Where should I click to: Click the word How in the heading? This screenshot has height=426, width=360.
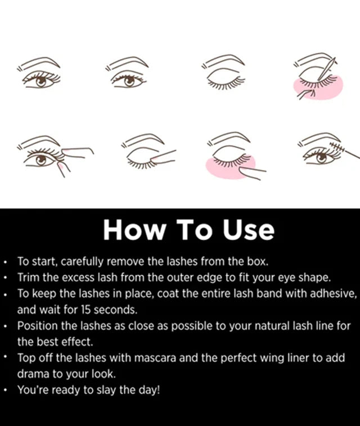131,230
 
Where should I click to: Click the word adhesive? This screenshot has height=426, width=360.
334,293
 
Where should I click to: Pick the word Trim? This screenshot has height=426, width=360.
28,277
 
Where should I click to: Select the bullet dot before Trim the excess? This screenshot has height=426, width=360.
5,279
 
